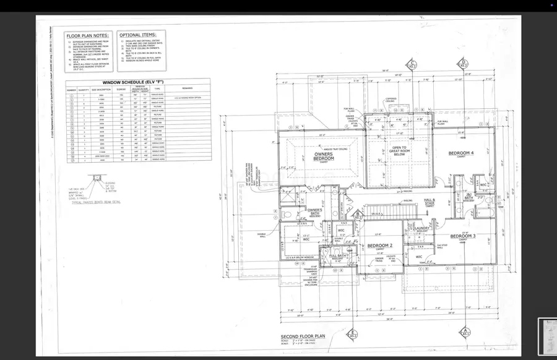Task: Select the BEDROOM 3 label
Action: coord(462,236)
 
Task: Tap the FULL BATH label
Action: coord(337,255)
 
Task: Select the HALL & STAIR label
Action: coord(430,202)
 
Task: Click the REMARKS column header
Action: coord(188,88)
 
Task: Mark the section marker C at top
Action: coord(410,64)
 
